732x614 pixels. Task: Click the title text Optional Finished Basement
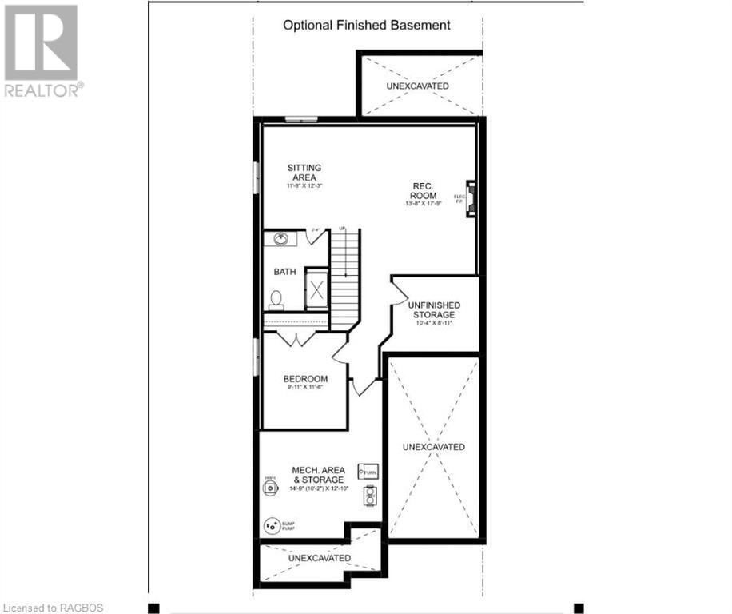coord(367,25)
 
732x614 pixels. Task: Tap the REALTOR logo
coord(42,51)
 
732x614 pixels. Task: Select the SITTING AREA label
coord(304,173)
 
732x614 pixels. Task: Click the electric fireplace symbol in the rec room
coord(471,198)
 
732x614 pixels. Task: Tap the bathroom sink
coord(282,238)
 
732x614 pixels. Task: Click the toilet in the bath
coord(276,300)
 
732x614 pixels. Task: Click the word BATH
coord(284,272)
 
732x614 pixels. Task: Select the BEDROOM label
coord(305,379)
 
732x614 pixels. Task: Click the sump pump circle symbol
coord(272,526)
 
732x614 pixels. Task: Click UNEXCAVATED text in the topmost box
coord(417,86)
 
